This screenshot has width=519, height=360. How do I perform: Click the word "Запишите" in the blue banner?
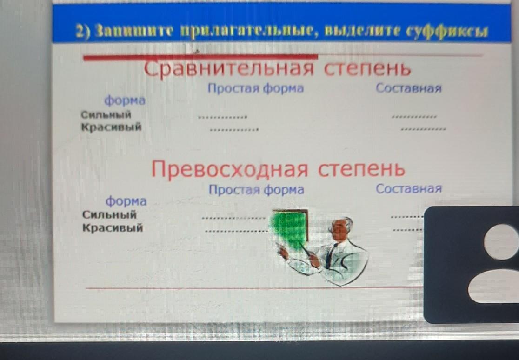[134, 32]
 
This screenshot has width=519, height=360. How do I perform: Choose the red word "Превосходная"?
[230, 169]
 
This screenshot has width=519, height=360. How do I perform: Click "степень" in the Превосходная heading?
[361, 169]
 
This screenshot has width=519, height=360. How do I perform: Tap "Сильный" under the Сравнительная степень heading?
[106, 114]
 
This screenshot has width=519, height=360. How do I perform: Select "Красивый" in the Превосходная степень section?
[113, 227]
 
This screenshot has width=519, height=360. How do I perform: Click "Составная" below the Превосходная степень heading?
[409, 188]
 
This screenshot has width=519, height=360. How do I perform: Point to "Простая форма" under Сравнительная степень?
[255, 88]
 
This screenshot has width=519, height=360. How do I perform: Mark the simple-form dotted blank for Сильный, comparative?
[222, 117]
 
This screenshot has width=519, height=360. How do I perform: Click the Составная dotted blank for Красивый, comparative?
[423, 129]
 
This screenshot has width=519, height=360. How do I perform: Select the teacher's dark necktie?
[331, 255]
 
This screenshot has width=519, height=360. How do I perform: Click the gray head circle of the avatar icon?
[501, 242]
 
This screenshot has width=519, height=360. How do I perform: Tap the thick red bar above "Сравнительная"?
[200, 58]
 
